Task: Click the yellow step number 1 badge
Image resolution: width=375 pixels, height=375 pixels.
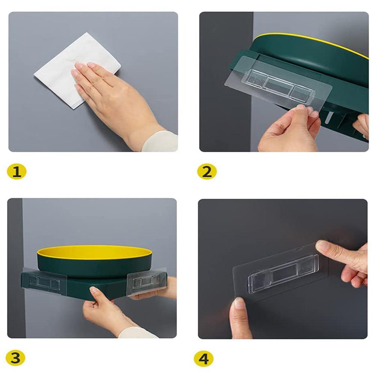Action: tap(17, 171)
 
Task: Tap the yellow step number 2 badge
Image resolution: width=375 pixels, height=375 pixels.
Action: tap(207, 171)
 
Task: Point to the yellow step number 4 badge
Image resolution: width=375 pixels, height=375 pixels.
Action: tap(204, 359)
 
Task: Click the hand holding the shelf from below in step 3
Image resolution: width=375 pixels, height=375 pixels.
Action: tap(105, 311)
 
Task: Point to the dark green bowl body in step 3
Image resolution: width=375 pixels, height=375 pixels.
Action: tap(94, 268)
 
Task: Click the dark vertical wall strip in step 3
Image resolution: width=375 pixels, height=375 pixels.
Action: tap(15, 268)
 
